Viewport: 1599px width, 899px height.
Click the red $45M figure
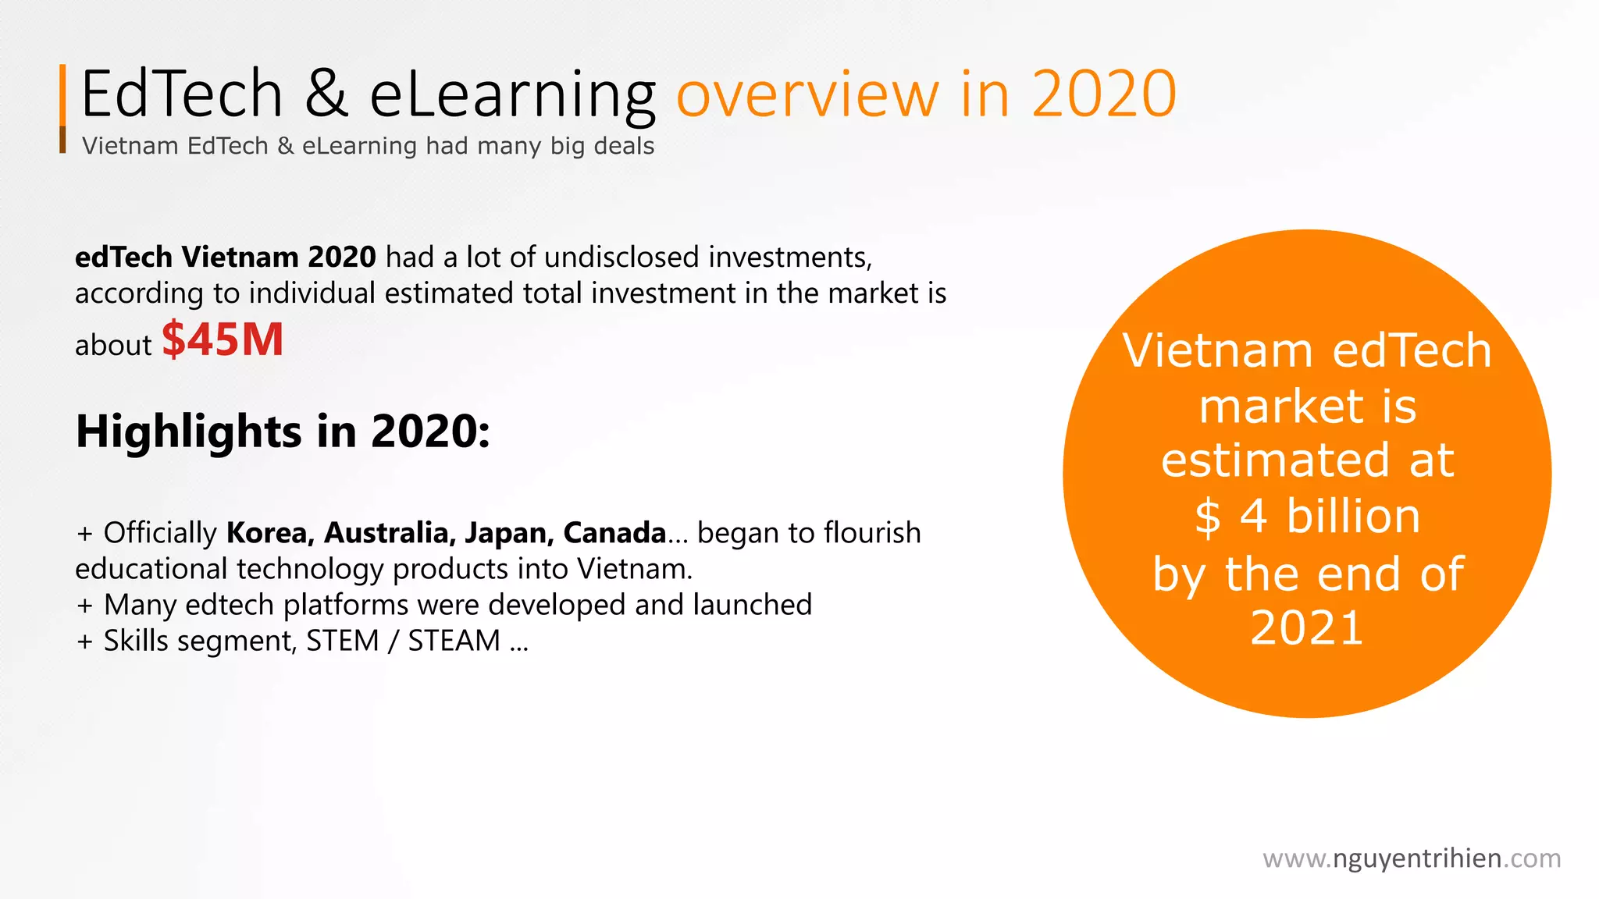[223, 340]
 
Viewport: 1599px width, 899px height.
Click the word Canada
[614, 533]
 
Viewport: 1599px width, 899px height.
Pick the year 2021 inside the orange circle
[1306, 627]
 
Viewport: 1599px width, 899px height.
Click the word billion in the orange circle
[1353, 517]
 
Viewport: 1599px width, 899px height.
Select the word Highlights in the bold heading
[188, 432]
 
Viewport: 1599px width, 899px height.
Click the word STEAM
[454, 641]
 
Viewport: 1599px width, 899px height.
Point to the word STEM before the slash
[342, 641]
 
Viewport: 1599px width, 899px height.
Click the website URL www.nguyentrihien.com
[1412, 858]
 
